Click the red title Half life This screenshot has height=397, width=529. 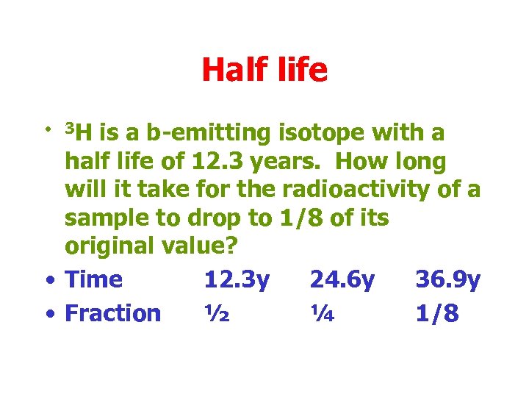(264, 71)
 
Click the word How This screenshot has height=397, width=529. (363, 162)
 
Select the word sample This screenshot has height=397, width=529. (109, 218)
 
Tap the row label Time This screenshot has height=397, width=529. (93, 279)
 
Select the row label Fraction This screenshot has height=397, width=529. (112, 313)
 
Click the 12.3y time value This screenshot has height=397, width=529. (237, 279)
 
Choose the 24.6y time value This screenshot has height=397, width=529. (342, 279)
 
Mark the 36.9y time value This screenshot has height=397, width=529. (448, 279)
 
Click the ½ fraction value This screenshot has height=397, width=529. (217, 313)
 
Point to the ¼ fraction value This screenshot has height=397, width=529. (323, 313)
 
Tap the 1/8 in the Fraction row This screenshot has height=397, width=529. (437, 313)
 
